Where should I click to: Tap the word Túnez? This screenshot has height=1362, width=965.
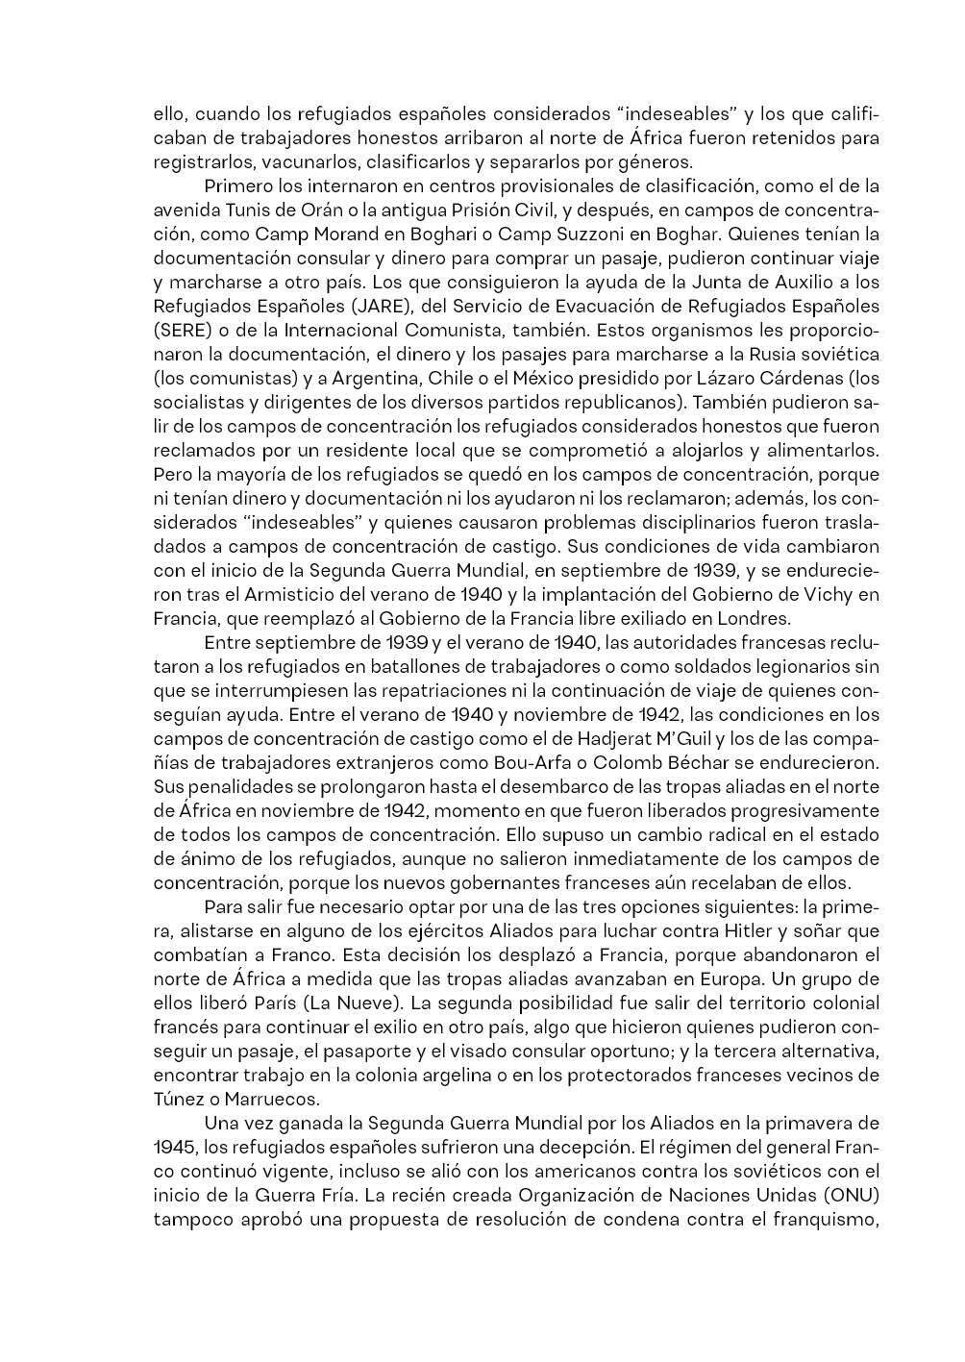180,1100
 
